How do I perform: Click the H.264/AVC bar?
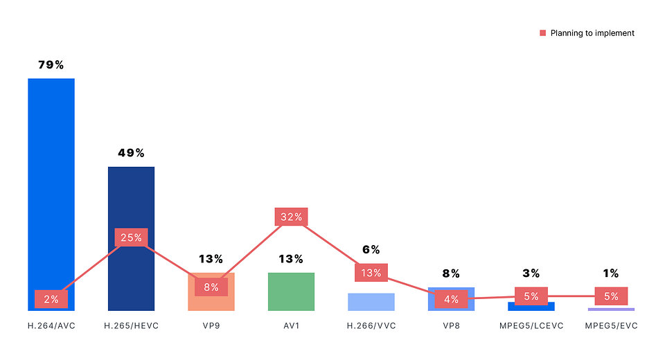(51, 180)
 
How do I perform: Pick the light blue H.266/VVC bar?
(371, 303)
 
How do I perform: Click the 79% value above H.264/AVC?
(51, 65)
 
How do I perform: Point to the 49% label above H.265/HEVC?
(131, 153)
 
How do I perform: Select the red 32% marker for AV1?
(291, 217)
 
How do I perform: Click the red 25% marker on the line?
(131, 237)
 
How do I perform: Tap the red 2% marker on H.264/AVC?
(51, 299)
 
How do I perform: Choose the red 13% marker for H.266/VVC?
(371, 273)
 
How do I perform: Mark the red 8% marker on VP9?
(211, 287)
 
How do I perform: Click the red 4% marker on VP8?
(451, 300)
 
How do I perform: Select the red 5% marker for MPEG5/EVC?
(611, 296)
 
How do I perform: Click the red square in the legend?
(543, 33)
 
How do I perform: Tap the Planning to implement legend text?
(592, 33)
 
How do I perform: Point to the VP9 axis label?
(211, 325)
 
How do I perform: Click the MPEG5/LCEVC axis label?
(531, 325)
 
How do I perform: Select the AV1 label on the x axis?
(291, 325)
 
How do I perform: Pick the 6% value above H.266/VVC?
(371, 250)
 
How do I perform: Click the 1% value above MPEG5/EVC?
(611, 273)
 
